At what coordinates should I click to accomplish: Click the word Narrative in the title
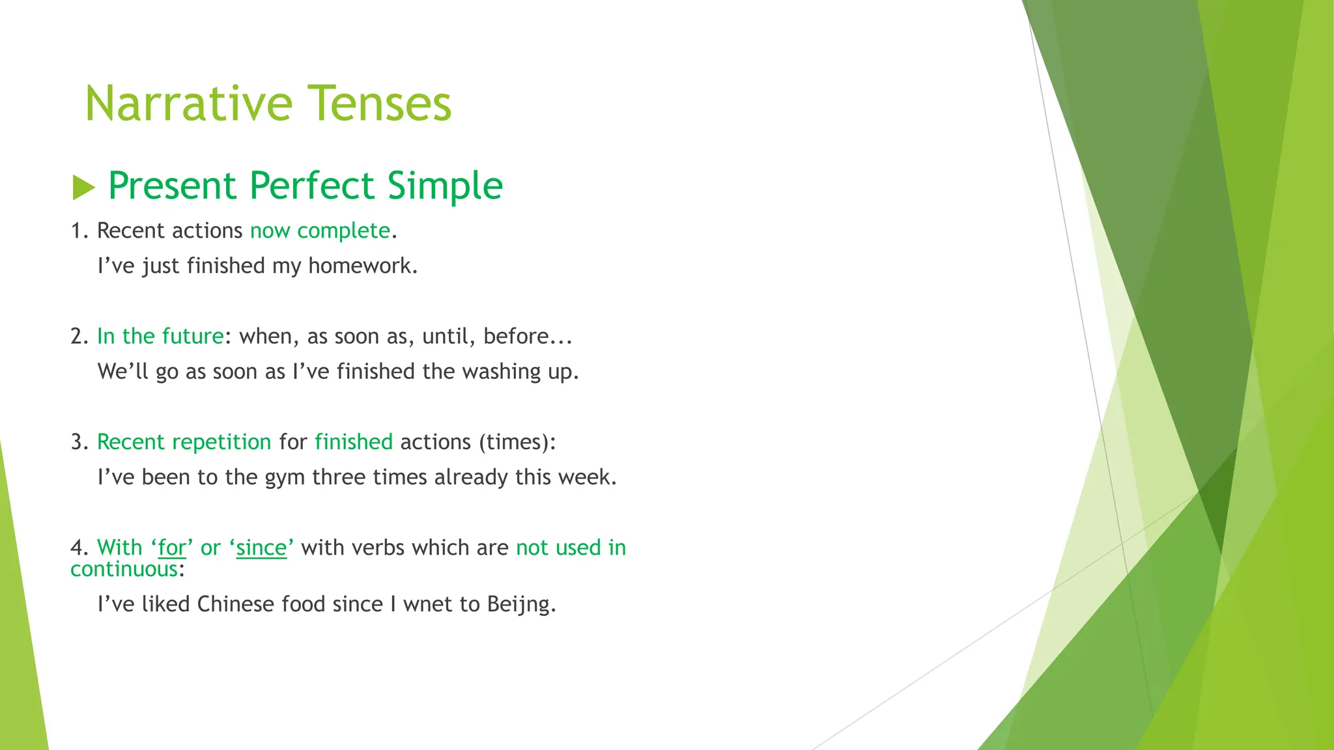[189, 104]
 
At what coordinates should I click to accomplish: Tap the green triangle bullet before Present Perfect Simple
[83, 187]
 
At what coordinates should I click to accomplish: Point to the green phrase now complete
[320, 230]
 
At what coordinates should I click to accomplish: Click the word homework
[362, 266]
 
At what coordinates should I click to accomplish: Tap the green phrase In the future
[160, 336]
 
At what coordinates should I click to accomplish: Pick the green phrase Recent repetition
[184, 442]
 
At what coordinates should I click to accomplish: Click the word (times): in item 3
[517, 442]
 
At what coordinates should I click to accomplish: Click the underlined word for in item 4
[172, 548]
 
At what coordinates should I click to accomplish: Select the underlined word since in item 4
[261, 548]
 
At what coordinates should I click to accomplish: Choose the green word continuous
[124, 570]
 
